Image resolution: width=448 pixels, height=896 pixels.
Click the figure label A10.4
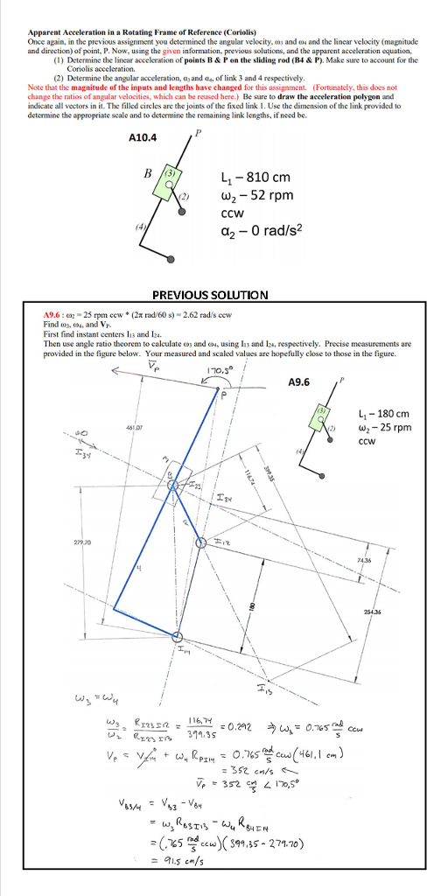pos(143,137)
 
